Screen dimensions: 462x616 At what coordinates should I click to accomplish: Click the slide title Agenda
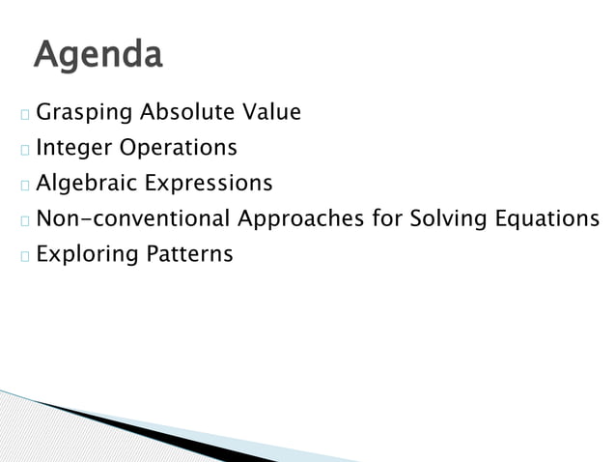[98, 54]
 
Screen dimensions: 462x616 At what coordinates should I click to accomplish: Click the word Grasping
[85, 114]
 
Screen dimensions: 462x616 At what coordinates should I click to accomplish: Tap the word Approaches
[301, 219]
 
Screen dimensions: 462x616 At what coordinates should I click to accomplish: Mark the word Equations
[546, 219]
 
